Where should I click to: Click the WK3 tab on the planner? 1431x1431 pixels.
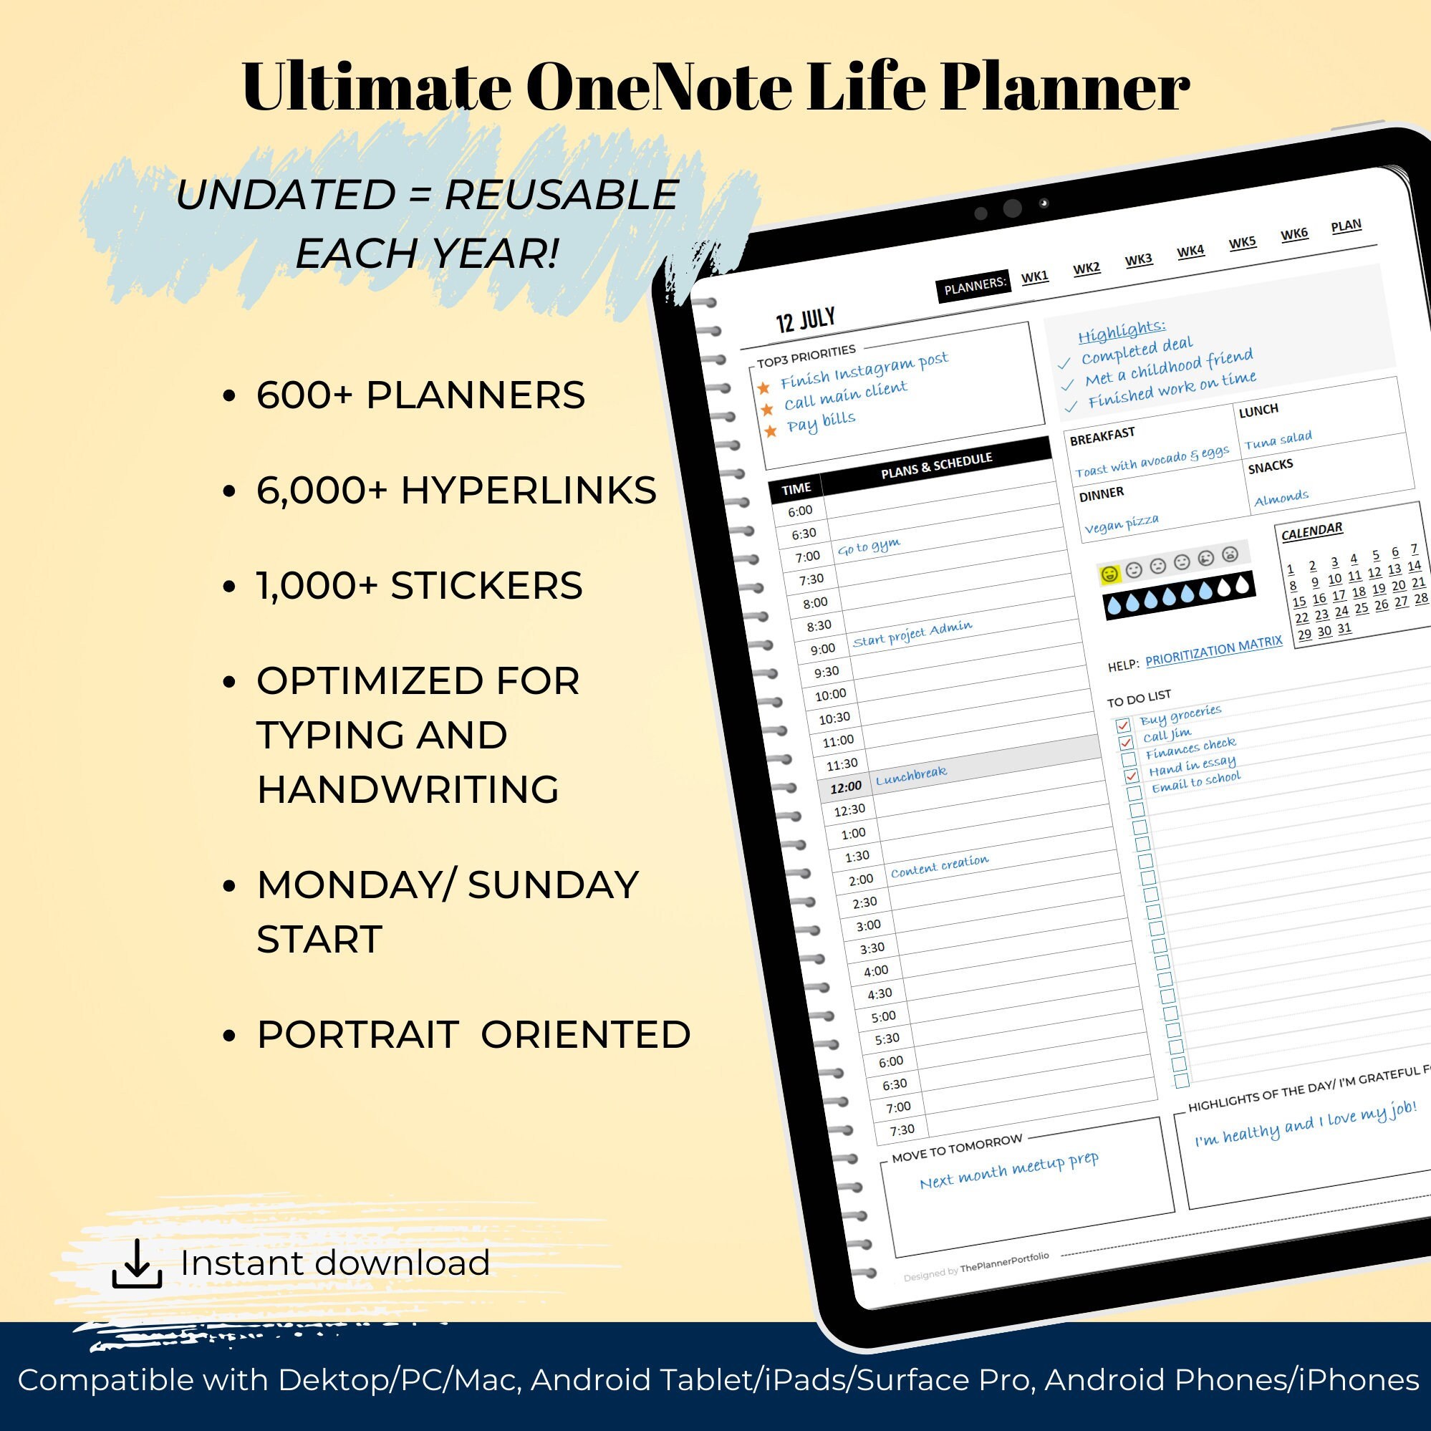coord(1139,259)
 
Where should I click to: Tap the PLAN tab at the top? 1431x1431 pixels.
coord(1346,226)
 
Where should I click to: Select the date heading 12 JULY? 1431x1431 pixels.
coord(805,320)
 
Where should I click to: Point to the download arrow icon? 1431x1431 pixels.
coord(137,1265)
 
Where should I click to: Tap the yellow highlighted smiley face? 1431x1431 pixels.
coord(1109,574)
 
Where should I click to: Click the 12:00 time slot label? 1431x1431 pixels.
coord(845,787)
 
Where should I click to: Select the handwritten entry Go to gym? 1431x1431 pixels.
coord(869,547)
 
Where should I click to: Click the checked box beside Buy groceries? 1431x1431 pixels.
coord(1123,725)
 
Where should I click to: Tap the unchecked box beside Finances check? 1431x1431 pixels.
coord(1129,759)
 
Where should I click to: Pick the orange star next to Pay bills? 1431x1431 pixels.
coord(771,430)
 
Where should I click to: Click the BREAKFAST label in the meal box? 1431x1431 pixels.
coord(1102,437)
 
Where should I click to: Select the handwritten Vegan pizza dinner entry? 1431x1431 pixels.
coord(1122,524)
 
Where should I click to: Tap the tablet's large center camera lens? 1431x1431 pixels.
coord(1013,208)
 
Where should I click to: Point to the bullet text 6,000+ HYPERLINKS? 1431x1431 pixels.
coord(456,491)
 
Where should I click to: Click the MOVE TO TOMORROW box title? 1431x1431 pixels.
coord(957,1149)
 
